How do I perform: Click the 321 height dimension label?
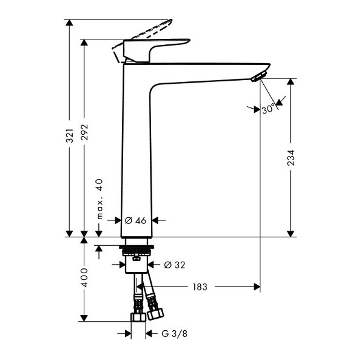tap(70, 136)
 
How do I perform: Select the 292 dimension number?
tap(84, 132)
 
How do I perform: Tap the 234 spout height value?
tap(291, 158)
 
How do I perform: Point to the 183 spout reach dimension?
tap(200, 287)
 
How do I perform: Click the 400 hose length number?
tap(84, 277)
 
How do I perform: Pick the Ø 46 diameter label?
tap(135, 220)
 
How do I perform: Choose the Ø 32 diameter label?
tap(175, 265)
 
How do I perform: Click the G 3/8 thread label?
tap(174, 333)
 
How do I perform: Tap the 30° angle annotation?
tap(268, 108)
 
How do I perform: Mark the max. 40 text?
tap(100, 199)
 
